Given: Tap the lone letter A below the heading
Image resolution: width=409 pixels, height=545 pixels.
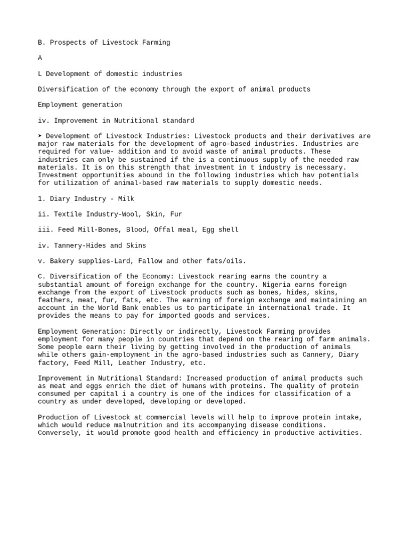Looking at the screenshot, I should pos(40,58).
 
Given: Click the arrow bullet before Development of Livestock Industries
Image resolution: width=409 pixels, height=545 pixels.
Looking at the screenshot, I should pos(40,136).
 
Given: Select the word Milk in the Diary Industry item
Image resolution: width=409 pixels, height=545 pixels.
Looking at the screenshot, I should pos(126,199).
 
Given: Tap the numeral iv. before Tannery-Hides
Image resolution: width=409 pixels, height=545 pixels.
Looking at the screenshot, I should pos(43,245).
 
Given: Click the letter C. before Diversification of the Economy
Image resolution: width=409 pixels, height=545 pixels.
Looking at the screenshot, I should pos(40,277).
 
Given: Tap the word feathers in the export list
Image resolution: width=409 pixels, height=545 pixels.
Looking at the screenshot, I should pos(56,300).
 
